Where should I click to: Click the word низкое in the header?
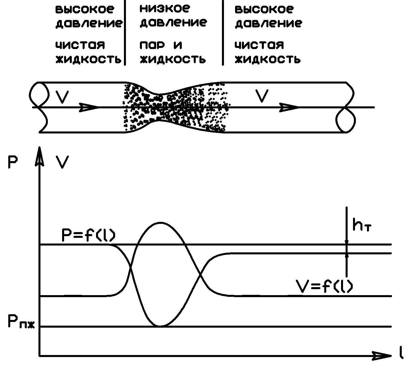164,9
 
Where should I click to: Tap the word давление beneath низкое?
173,22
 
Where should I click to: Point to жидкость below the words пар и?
173,59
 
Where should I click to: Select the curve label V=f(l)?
324,285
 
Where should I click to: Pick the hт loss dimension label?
362,225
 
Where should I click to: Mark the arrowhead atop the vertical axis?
40,155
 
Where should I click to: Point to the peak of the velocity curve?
160,222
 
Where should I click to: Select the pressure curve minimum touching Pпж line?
160,326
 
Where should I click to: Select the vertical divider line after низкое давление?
223,33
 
